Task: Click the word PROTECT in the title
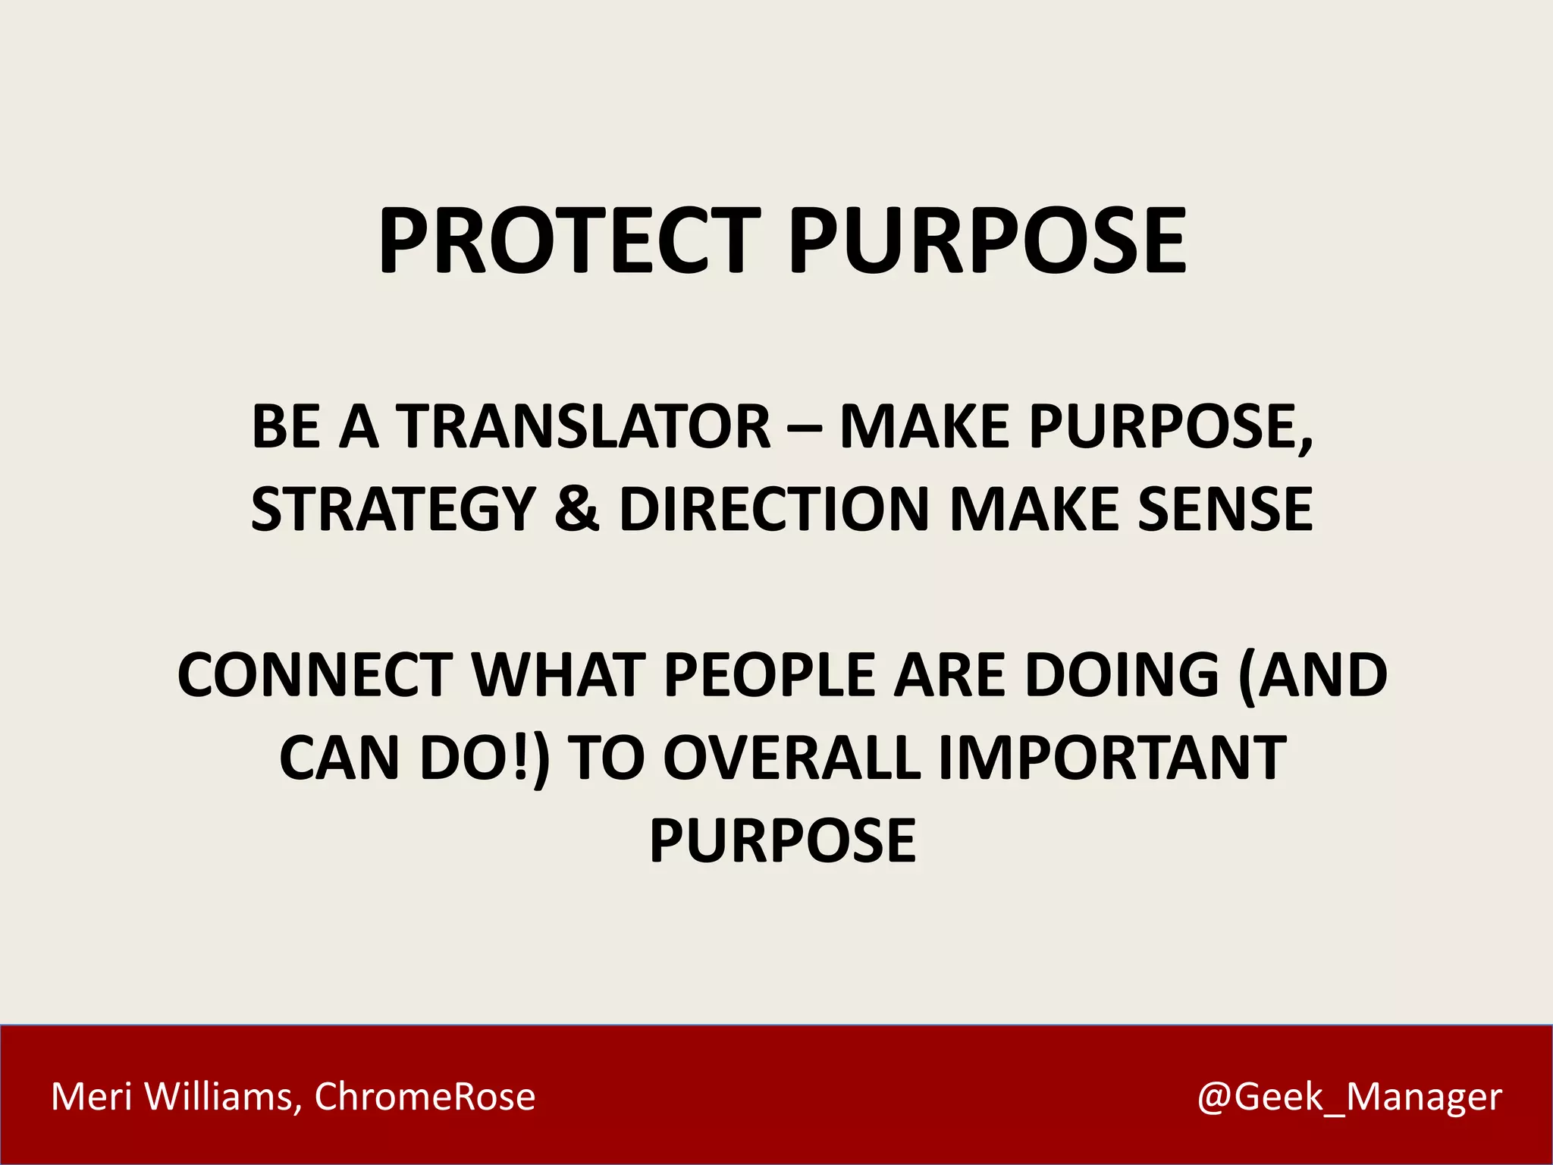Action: [569, 240]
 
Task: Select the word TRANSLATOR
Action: [585, 426]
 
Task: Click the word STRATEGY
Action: [394, 509]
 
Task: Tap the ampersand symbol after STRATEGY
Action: [577, 509]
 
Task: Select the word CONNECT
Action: [315, 674]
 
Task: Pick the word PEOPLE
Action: [769, 674]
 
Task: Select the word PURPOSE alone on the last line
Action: [783, 840]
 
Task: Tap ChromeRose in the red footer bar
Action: [425, 1097]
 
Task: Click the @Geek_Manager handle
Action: [1349, 1097]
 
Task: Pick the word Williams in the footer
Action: [223, 1097]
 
